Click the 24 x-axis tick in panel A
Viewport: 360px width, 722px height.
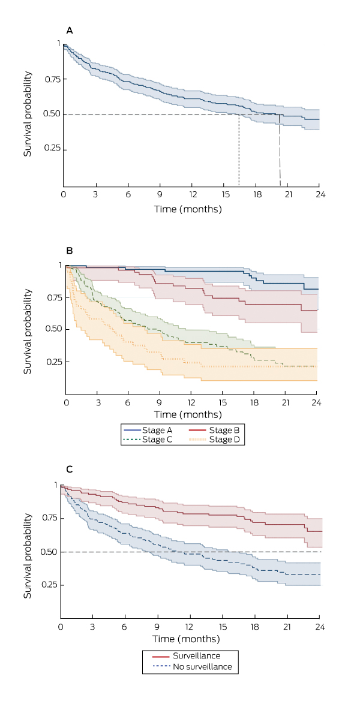pos(319,195)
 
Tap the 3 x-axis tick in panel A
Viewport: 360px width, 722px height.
pos(95,195)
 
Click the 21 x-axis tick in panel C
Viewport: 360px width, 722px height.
pos(287,626)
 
